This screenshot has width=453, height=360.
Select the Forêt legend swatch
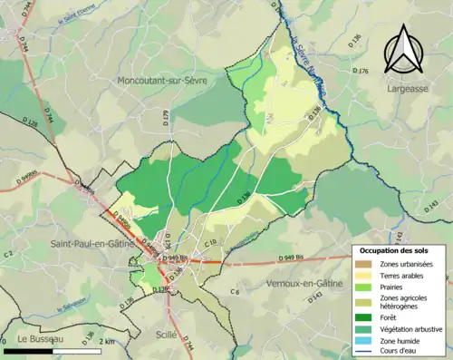coord(363,317)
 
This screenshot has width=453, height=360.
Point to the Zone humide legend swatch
coord(363,342)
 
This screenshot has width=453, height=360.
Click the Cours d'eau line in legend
coord(363,354)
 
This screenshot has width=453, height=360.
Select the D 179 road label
coord(165,116)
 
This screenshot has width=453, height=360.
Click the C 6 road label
coord(235,291)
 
